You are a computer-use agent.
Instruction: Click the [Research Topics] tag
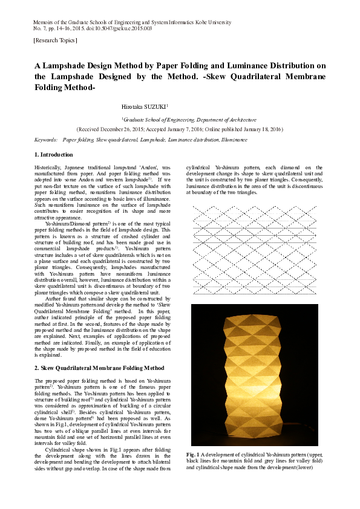click(x=56, y=41)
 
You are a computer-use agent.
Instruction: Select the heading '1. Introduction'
click(x=54, y=155)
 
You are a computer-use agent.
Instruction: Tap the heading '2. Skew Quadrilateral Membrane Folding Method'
click(x=99, y=368)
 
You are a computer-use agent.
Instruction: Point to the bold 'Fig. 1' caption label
click(x=192, y=454)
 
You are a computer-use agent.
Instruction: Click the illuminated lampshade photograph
click(x=254, y=375)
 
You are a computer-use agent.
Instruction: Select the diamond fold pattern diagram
click(x=254, y=249)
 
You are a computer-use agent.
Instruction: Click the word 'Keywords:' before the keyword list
click(x=46, y=140)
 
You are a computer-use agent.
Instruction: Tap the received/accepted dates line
click(x=180, y=129)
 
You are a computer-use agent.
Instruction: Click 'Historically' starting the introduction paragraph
click(x=48, y=166)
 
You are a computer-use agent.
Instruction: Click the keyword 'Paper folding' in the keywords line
click(x=77, y=140)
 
